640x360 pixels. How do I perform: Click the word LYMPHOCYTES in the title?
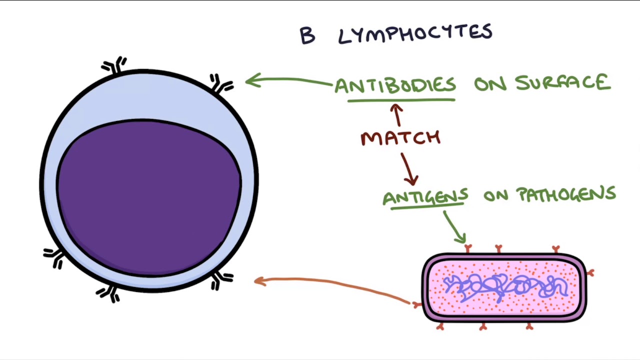(x=415, y=34)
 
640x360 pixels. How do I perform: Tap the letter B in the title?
(x=307, y=36)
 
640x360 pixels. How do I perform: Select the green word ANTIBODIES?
(x=395, y=85)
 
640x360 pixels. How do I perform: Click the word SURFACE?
(x=562, y=83)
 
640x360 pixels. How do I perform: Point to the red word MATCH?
(x=400, y=138)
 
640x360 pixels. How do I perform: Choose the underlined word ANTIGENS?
(x=425, y=196)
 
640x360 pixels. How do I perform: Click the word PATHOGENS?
(x=565, y=194)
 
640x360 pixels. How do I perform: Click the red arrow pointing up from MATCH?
(x=397, y=114)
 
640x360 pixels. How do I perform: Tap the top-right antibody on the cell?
(x=220, y=84)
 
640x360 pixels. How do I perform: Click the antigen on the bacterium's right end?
(x=590, y=272)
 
